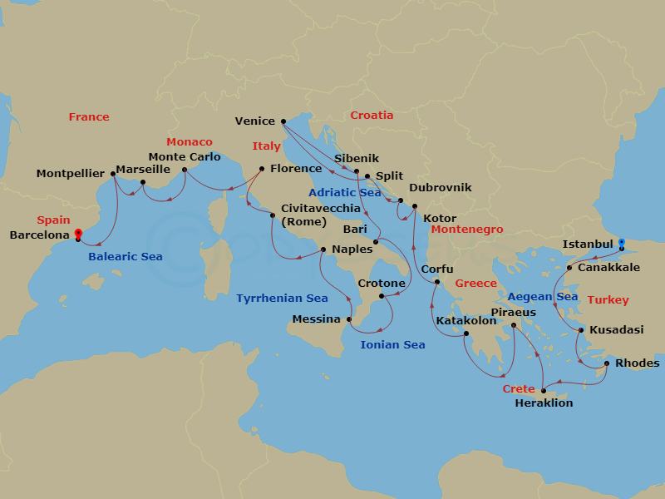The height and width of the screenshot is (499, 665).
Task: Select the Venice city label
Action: click(254, 121)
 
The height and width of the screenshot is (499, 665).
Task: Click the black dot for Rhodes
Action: click(608, 363)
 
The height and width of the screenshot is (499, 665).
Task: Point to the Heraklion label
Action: click(544, 403)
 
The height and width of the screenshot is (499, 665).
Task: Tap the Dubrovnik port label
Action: click(441, 187)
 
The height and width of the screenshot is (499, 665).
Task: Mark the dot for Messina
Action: click(349, 319)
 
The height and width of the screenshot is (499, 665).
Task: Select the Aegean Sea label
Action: click(542, 296)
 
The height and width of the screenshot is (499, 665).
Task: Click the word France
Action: click(89, 117)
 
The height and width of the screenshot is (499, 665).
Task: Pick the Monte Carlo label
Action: click(184, 156)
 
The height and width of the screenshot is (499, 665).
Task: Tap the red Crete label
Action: click(518, 388)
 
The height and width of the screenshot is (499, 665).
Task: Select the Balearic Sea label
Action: click(126, 256)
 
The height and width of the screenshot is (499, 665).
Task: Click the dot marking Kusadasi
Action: click(581, 330)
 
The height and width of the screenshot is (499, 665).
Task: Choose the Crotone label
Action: click(381, 284)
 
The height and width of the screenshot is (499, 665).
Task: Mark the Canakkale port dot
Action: click(569, 268)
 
